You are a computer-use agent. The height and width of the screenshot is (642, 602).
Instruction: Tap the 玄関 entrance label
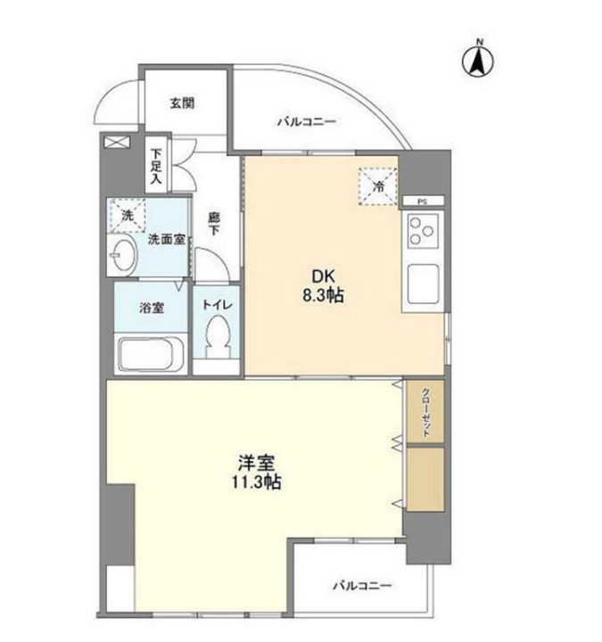point(182,103)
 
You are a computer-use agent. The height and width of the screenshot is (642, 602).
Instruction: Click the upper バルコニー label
point(305,121)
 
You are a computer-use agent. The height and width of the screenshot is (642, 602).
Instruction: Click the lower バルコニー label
point(362,586)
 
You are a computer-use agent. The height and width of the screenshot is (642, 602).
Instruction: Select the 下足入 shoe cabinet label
point(157,167)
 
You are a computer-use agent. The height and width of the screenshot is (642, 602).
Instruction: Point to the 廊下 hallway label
point(214,223)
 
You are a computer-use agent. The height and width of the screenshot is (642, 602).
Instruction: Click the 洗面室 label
point(165,239)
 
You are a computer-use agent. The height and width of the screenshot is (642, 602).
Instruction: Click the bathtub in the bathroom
point(150,354)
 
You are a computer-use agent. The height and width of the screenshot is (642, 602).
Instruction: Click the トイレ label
point(216,305)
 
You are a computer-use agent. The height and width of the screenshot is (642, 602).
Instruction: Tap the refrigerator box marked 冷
point(378,186)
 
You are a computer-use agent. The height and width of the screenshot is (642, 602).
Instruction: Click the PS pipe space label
point(423,202)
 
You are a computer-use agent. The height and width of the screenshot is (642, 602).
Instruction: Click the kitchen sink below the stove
point(423,285)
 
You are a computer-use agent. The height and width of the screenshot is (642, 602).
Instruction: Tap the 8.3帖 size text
point(321,296)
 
